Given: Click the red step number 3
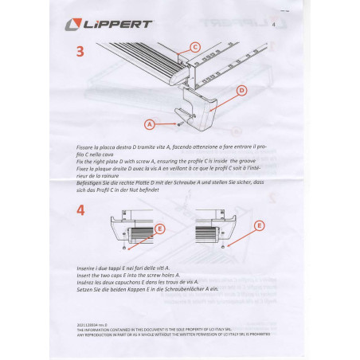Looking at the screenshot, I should coord(80,53).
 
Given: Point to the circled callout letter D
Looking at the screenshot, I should coord(241,92).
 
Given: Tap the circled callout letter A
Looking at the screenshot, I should coord(149,123).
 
